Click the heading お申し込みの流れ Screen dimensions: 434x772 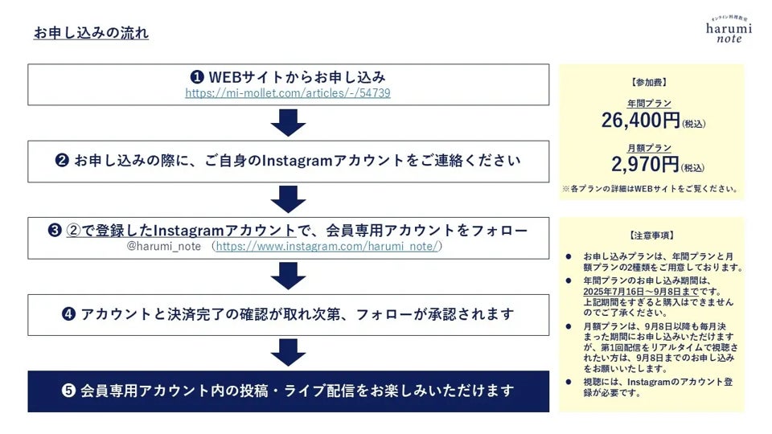tap(91, 33)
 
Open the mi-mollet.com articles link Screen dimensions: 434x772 tap(288, 93)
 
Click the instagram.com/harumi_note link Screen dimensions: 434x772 tap(328, 246)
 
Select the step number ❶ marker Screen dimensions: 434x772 tap(196, 77)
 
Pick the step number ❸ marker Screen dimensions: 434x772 tap(55, 231)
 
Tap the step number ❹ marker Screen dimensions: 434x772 tap(68, 314)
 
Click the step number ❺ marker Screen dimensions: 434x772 tap(69, 391)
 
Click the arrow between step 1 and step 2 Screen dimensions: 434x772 tap(288, 122)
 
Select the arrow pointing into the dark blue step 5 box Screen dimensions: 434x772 tap(288, 352)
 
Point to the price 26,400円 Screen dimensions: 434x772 tap(641, 121)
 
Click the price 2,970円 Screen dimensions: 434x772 tap(646, 166)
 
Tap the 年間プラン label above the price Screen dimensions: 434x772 tap(649, 103)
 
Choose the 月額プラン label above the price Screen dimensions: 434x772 tap(649, 148)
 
